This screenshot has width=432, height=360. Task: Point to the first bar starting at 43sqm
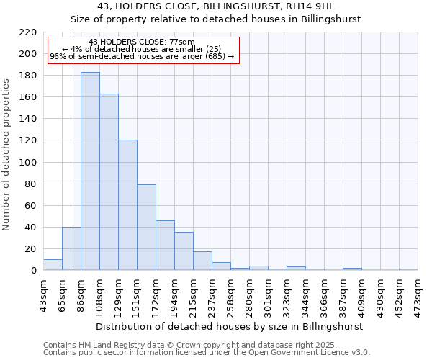pos(53,265)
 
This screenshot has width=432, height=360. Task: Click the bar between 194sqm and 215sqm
pos(184,251)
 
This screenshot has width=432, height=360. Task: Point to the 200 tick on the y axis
pos(29,54)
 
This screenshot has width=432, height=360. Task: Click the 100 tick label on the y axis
pos(29,162)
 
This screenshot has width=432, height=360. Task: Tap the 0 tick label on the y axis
pos(34,271)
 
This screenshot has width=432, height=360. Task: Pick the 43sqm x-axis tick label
pos(43,294)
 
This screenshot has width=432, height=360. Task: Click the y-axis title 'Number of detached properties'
pos(6,155)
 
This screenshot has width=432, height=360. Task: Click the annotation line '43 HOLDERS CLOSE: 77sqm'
pos(142,42)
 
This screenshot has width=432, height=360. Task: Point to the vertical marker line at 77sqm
pos(73,180)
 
